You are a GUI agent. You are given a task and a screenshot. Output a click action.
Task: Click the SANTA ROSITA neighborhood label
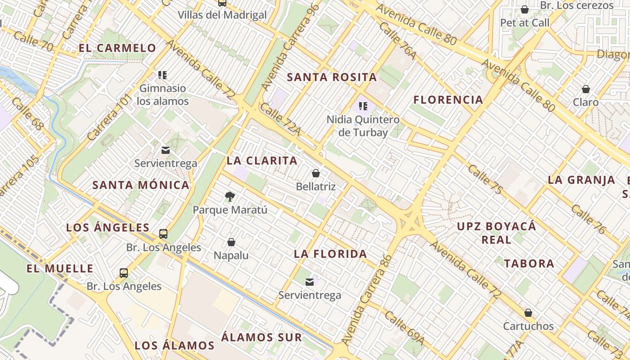[x=332, y=77]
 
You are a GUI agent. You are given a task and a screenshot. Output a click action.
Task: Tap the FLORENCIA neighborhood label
[x=448, y=99]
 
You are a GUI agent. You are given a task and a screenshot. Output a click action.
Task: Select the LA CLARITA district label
[x=262, y=161]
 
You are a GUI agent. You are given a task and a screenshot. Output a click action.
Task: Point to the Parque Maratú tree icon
[x=230, y=197]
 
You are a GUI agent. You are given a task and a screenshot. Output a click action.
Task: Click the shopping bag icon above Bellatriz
[x=316, y=173]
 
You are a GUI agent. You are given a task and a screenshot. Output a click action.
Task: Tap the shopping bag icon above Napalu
[x=231, y=243]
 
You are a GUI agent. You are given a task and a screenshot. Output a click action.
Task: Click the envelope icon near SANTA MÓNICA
[x=166, y=150]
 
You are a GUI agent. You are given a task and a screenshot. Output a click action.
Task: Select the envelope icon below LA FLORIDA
[x=310, y=282]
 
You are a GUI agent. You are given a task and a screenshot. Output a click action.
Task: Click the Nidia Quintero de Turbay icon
[x=363, y=107]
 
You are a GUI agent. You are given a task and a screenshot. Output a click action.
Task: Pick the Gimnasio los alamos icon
[x=162, y=75]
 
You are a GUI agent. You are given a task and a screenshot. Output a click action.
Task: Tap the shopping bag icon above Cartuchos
[x=528, y=313]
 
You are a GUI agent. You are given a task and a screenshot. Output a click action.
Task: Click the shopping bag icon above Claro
[x=586, y=89]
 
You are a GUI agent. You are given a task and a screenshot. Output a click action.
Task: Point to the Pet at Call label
[x=525, y=22]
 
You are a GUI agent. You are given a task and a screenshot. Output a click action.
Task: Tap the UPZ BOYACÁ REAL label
[x=496, y=233]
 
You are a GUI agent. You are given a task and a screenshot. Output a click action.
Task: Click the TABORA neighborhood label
[x=529, y=264]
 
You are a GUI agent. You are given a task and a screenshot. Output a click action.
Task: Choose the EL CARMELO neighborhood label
[x=117, y=48]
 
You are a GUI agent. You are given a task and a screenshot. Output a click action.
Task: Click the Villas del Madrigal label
[x=222, y=15]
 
